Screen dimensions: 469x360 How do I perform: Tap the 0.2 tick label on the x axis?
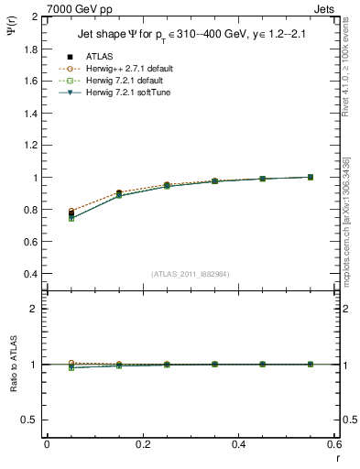click(142, 443)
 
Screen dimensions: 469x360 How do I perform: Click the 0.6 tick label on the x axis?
click(333, 443)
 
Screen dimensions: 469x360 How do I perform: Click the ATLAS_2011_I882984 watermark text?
click(190, 274)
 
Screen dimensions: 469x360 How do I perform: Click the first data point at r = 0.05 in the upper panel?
click(71, 214)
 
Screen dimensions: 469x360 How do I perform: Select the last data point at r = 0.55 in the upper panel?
click(310, 177)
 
